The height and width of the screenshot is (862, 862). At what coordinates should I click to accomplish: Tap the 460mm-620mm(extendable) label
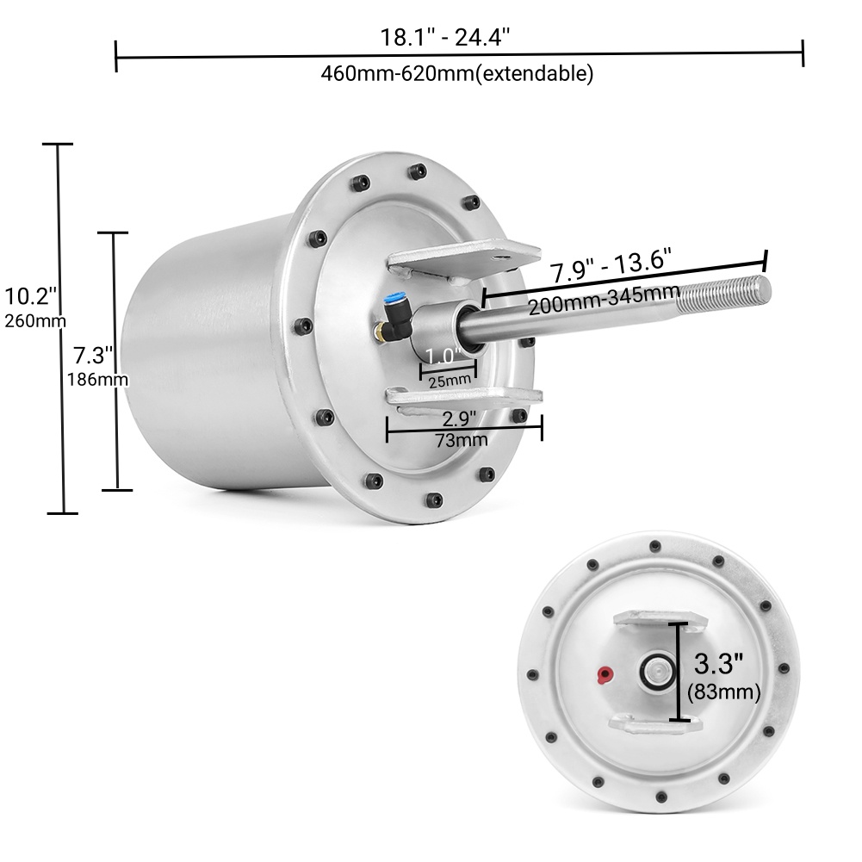[x=457, y=73]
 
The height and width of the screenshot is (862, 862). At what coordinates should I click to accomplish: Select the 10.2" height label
[x=31, y=297]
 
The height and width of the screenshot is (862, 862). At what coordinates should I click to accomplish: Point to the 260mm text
[x=35, y=321]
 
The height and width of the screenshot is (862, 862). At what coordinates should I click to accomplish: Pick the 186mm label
[x=97, y=378]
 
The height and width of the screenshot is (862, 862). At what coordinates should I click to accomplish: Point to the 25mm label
[x=449, y=379]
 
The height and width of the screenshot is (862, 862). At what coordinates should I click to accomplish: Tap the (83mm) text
[x=723, y=691]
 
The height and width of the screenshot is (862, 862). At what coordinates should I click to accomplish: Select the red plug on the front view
[x=605, y=673]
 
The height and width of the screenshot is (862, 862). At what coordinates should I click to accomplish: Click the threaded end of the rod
[x=723, y=293]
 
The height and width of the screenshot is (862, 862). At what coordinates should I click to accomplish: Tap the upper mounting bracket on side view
[x=461, y=257]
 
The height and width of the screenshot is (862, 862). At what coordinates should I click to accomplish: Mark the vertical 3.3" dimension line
[x=681, y=672]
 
